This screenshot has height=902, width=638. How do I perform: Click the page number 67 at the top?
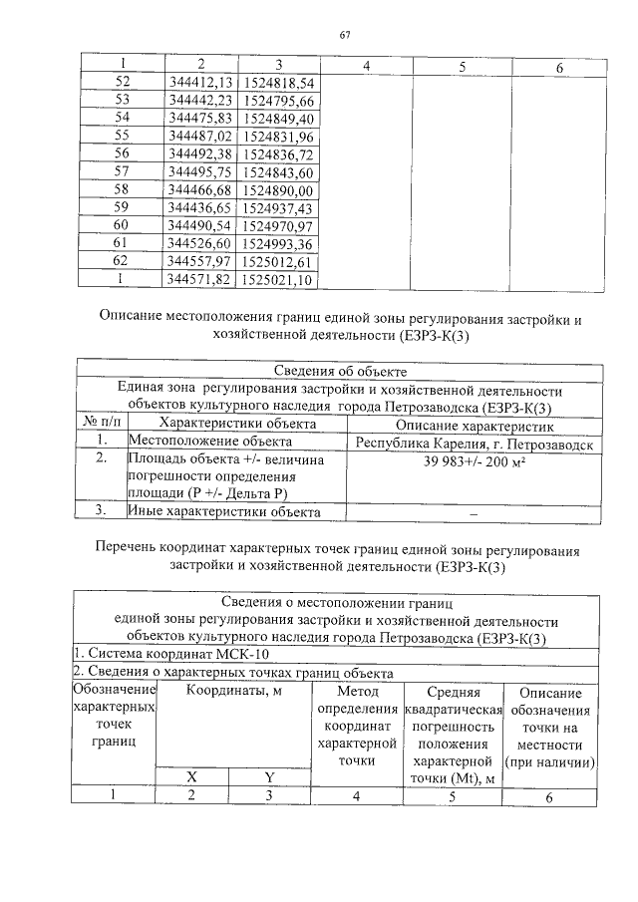[345, 36]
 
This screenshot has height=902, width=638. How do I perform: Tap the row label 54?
[123, 118]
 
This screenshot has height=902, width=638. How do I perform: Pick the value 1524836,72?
[278, 153]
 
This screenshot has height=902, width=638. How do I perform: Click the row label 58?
[123, 189]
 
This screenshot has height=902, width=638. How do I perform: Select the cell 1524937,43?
[278, 207]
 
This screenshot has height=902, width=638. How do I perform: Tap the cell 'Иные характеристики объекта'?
[223, 512]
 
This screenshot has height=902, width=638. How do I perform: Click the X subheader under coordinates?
[193, 776]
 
